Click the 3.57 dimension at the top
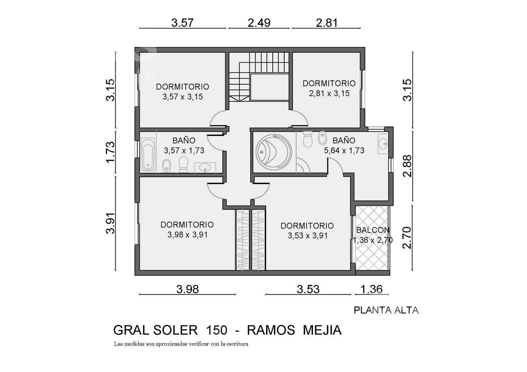[x=182, y=23]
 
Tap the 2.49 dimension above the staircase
[x=259, y=23]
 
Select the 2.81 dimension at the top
[x=327, y=23]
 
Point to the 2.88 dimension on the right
[x=407, y=166]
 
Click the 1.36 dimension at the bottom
[x=372, y=289]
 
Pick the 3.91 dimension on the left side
[x=110, y=223]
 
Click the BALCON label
[x=373, y=230]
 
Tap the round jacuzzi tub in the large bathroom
[x=274, y=152]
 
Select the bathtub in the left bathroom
[x=148, y=154]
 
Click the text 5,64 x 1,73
[x=344, y=150]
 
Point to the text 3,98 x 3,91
[x=187, y=235]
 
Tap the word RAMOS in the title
[x=271, y=330]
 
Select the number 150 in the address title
[x=216, y=330]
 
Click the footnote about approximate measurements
[x=181, y=344]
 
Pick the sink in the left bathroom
[x=205, y=168]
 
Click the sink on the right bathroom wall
[x=383, y=144]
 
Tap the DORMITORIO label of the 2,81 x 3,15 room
[x=329, y=83]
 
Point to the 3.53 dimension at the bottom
[x=308, y=289]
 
